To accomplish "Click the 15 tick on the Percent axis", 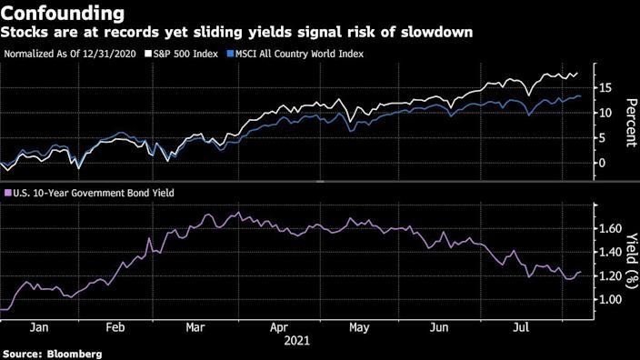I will pos(603,88).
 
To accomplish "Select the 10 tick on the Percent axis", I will pos(603,113).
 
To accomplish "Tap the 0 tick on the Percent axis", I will pos(600,163).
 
